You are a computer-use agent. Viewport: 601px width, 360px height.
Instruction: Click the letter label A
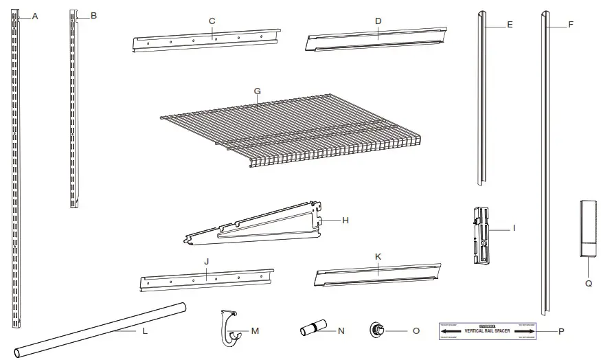coord(34,16)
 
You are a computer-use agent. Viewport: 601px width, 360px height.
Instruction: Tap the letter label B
coord(93,15)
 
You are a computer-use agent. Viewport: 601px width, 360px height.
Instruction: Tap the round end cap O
coord(377,330)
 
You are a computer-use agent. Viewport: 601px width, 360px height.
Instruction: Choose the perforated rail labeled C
coord(206,41)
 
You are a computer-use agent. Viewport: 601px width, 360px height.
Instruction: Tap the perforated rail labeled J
coord(206,280)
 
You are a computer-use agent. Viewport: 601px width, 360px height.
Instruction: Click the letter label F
coord(570,24)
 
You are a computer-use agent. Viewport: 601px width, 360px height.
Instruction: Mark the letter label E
coord(509,24)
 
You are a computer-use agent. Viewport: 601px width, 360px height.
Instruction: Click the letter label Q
coord(589,282)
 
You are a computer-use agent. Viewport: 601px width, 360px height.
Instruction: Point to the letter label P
coord(561,332)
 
